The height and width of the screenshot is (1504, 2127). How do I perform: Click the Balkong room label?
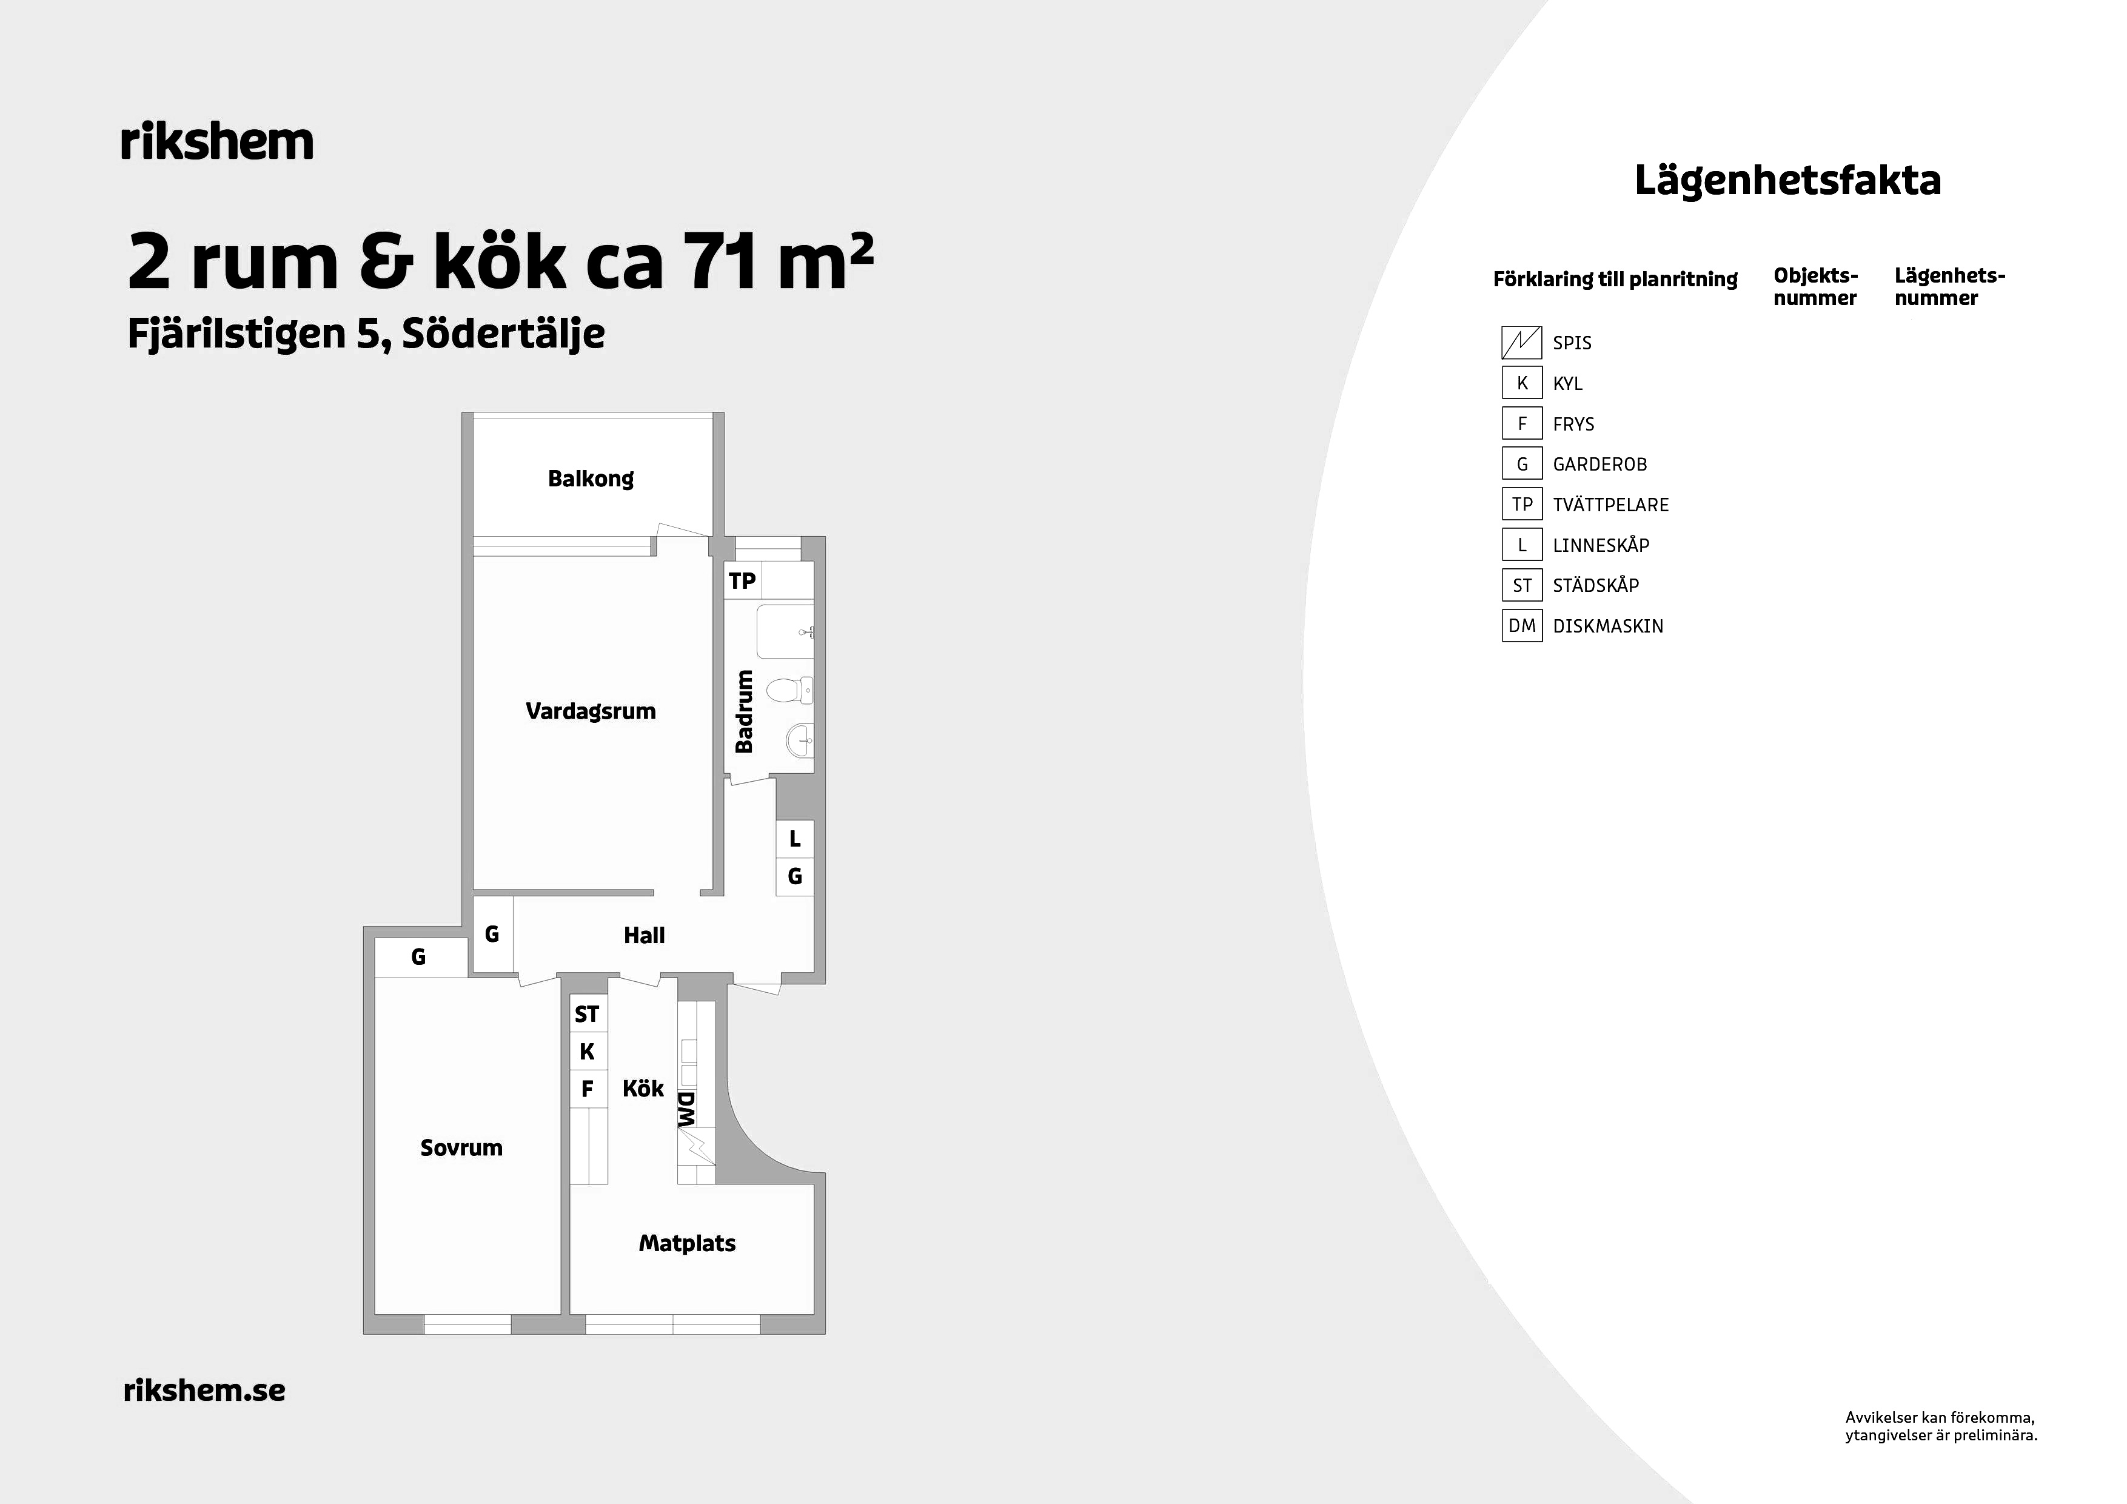tap(591, 479)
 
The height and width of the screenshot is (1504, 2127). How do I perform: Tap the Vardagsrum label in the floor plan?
tap(591, 712)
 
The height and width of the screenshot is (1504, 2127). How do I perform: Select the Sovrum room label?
tap(461, 1148)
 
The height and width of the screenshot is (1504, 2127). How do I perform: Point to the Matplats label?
tap(688, 1244)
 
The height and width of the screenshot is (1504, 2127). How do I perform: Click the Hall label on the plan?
tap(644, 936)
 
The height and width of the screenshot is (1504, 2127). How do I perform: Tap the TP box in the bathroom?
tap(742, 580)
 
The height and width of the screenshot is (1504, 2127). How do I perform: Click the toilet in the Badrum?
tap(790, 690)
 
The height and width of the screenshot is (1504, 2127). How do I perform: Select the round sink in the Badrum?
tap(800, 740)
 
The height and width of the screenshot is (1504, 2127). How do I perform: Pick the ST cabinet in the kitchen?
tap(588, 1015)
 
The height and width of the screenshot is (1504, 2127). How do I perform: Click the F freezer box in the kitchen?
tap(588, 1089)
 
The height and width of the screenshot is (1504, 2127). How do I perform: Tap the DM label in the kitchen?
tap(686, 1109)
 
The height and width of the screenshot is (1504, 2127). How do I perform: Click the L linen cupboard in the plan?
tap(795, 839)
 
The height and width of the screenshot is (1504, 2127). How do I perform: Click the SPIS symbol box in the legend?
tap(1521, 343)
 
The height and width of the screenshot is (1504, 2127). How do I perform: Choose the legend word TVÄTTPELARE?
tap(1611, 505)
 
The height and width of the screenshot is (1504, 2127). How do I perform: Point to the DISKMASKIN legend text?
tap(1608, 626)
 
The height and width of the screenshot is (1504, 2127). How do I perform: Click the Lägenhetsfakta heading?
tap(1788, 181)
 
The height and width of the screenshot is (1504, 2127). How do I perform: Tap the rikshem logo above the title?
tap(218, 142)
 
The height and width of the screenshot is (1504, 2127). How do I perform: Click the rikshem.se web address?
tap(205, 1390)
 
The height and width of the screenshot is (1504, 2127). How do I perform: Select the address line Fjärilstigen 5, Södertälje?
tap(366, 334)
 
